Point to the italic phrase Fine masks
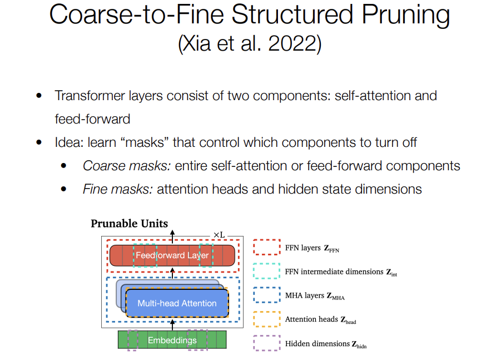[117, 189]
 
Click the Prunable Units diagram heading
[129, 224]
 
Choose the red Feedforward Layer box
[172, 255]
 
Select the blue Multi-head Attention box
[177, 303]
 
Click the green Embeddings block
[172, 340]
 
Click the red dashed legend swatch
[266, 247]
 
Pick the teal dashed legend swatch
[266, 271]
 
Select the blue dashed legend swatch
[266, 295]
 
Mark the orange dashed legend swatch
[266, 319]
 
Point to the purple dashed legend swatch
[266, 343]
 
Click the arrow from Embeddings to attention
[172, 324]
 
